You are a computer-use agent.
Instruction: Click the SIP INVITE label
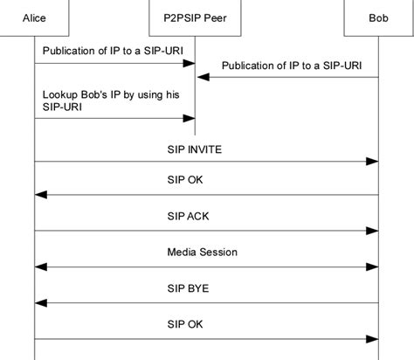click(194, 149)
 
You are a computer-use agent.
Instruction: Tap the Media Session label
click(202, 252)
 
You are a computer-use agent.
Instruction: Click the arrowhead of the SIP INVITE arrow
click(373, 162)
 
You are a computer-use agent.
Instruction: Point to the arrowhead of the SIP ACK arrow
click(373, 231)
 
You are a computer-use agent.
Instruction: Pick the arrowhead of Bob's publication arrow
click(200, 78)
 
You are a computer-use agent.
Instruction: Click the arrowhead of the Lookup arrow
click(189, 120)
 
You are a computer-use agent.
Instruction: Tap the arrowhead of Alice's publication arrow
click(189, 63)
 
